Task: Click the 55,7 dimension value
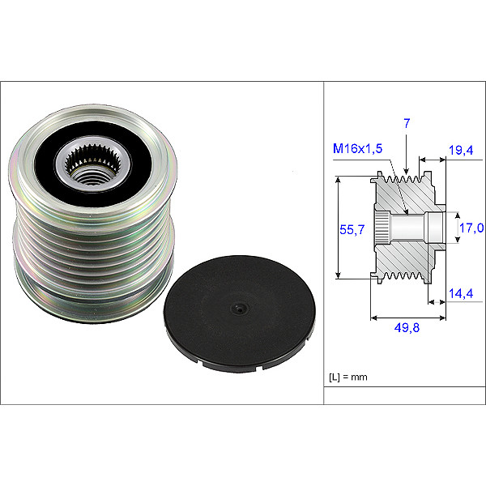348,230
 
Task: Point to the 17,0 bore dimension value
471,228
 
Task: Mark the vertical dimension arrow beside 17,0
454,228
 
